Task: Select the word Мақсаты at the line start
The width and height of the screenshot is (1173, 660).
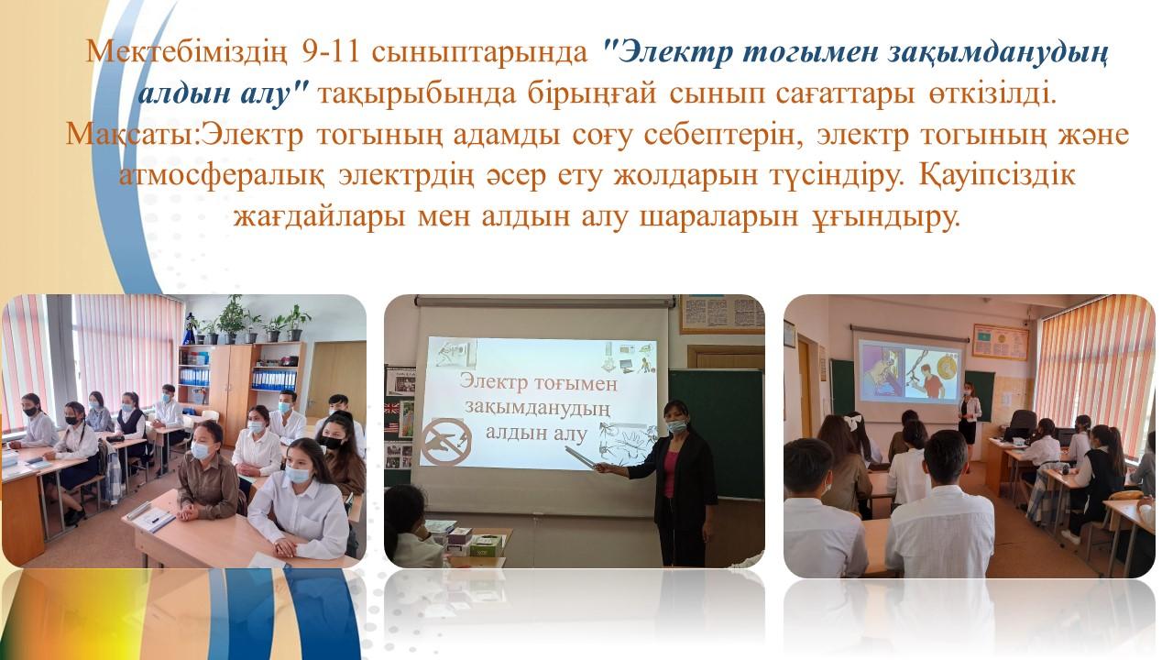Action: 130,135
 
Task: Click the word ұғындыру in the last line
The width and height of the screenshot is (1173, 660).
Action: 877,217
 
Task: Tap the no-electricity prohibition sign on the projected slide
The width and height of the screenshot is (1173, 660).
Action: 447,441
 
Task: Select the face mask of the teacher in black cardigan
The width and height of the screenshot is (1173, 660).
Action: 676,426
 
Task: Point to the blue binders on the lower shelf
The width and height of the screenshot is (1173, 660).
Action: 273,379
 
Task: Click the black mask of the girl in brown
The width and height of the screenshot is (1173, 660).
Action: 332,443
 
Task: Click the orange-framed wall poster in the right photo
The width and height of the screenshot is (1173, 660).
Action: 1000,343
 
